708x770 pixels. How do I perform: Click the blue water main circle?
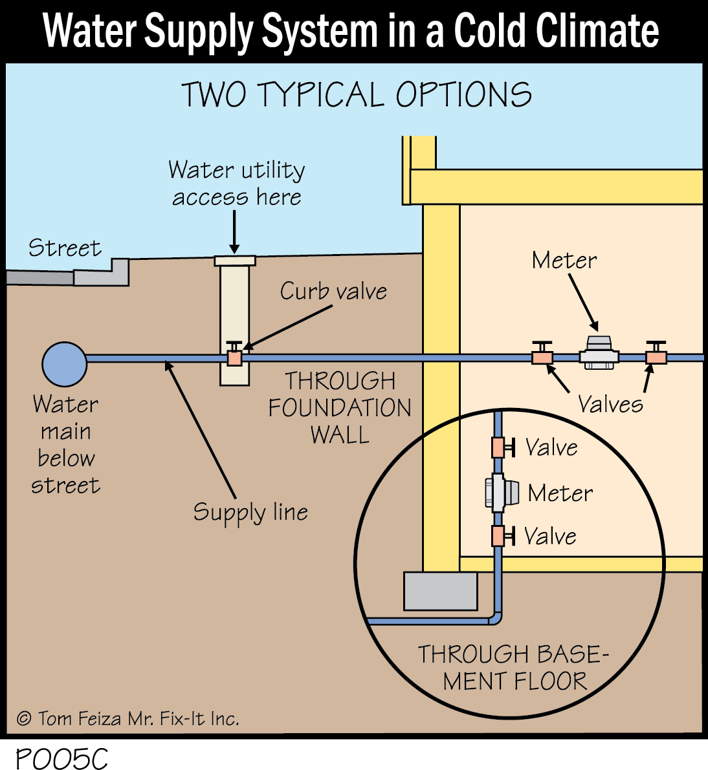click(x=65, y=364)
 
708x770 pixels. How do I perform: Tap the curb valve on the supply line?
click(x=234, y=356)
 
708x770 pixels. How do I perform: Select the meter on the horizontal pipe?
click(x=599, y=353)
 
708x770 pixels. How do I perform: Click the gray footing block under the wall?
click(x=440, y=591)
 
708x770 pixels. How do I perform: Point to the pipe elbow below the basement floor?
click(x=496, y=617)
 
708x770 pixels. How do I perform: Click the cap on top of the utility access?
click(x=234, y=261)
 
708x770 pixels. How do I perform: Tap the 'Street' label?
click(x=65, y=248)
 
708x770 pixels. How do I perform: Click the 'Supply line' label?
click(x=250, y=513)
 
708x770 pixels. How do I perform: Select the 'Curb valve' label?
click(x=333, y=292)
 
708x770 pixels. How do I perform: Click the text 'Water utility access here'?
click(x=237, y=183)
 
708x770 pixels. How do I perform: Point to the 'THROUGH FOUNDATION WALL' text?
click(x=340, y=407)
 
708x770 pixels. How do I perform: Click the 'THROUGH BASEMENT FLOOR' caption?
click(x=513, y=667)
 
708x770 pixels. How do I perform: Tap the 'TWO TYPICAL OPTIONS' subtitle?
click(x=356, y=95)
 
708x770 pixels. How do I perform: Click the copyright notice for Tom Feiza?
click(x=127, y=718)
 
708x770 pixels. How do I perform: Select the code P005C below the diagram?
click(x=61, y=758)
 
